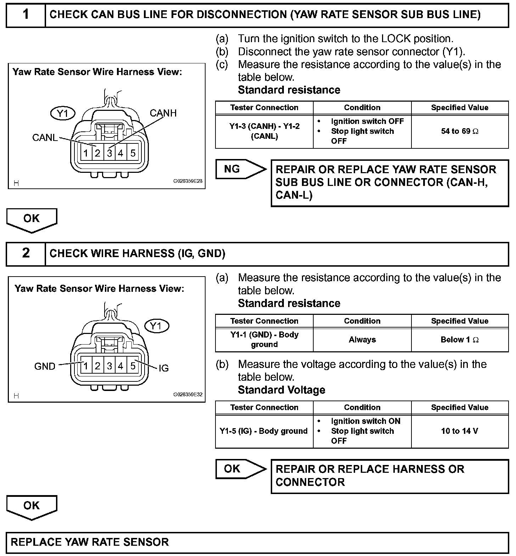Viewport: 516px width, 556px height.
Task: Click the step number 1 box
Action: coord(26,15)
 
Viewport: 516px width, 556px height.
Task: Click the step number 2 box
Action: coord(26,253)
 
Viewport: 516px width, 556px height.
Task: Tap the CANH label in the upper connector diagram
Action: coord(163,113)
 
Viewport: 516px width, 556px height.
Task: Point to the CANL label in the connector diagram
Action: coord(45,137)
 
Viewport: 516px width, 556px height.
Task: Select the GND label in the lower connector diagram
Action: coord(45,366)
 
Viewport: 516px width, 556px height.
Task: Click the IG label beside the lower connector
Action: coord(163,368)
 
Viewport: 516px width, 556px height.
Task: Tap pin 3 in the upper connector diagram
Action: coord(110,153)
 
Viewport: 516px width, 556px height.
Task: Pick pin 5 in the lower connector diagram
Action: coord(133,366)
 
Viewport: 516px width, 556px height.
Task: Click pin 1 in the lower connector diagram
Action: coord(86,366)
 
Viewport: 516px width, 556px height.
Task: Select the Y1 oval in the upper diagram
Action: coord(62,114)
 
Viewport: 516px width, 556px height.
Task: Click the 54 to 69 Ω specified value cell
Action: coord(460,131)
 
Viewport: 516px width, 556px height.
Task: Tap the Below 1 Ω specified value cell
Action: coord(460,340)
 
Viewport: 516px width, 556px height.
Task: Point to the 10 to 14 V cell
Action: coord(460,431)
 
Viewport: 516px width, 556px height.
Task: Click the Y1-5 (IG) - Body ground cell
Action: coord(264,431)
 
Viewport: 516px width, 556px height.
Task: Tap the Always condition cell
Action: coord(362,340)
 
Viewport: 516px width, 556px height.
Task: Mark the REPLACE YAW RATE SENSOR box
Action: coord(257,543)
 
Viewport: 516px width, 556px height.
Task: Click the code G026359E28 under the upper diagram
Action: coord(187,181)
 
